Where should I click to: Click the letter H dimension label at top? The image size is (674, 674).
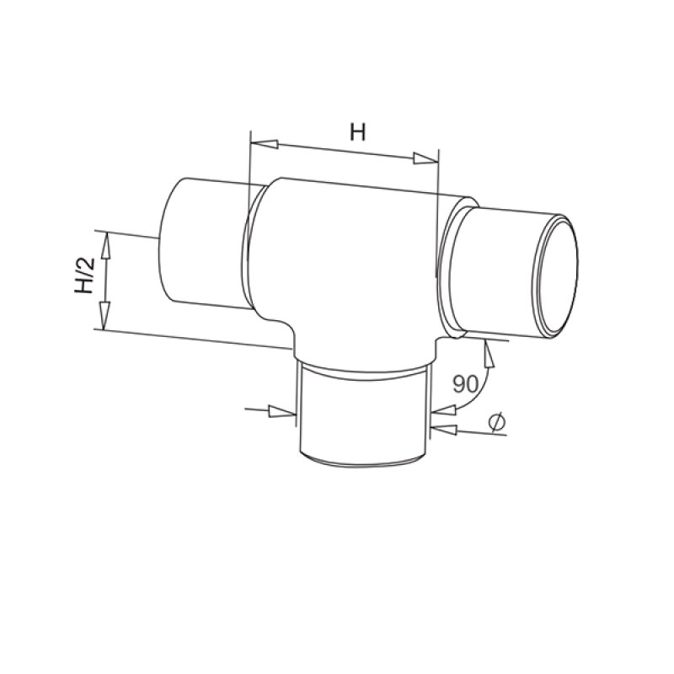(x=357, y=132)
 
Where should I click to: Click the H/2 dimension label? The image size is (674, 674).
(x=85, y=275)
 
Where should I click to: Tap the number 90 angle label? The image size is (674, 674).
(x=465, y=384)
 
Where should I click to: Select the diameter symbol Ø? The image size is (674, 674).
(x=497, y=422)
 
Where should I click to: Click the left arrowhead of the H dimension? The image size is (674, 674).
(x=264, y=144)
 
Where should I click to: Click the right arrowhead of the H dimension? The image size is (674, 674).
(x=425, y=158)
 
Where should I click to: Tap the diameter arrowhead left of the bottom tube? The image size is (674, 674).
(x=282, y=412)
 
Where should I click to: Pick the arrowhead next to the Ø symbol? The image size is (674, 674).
(x=444, y=430)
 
